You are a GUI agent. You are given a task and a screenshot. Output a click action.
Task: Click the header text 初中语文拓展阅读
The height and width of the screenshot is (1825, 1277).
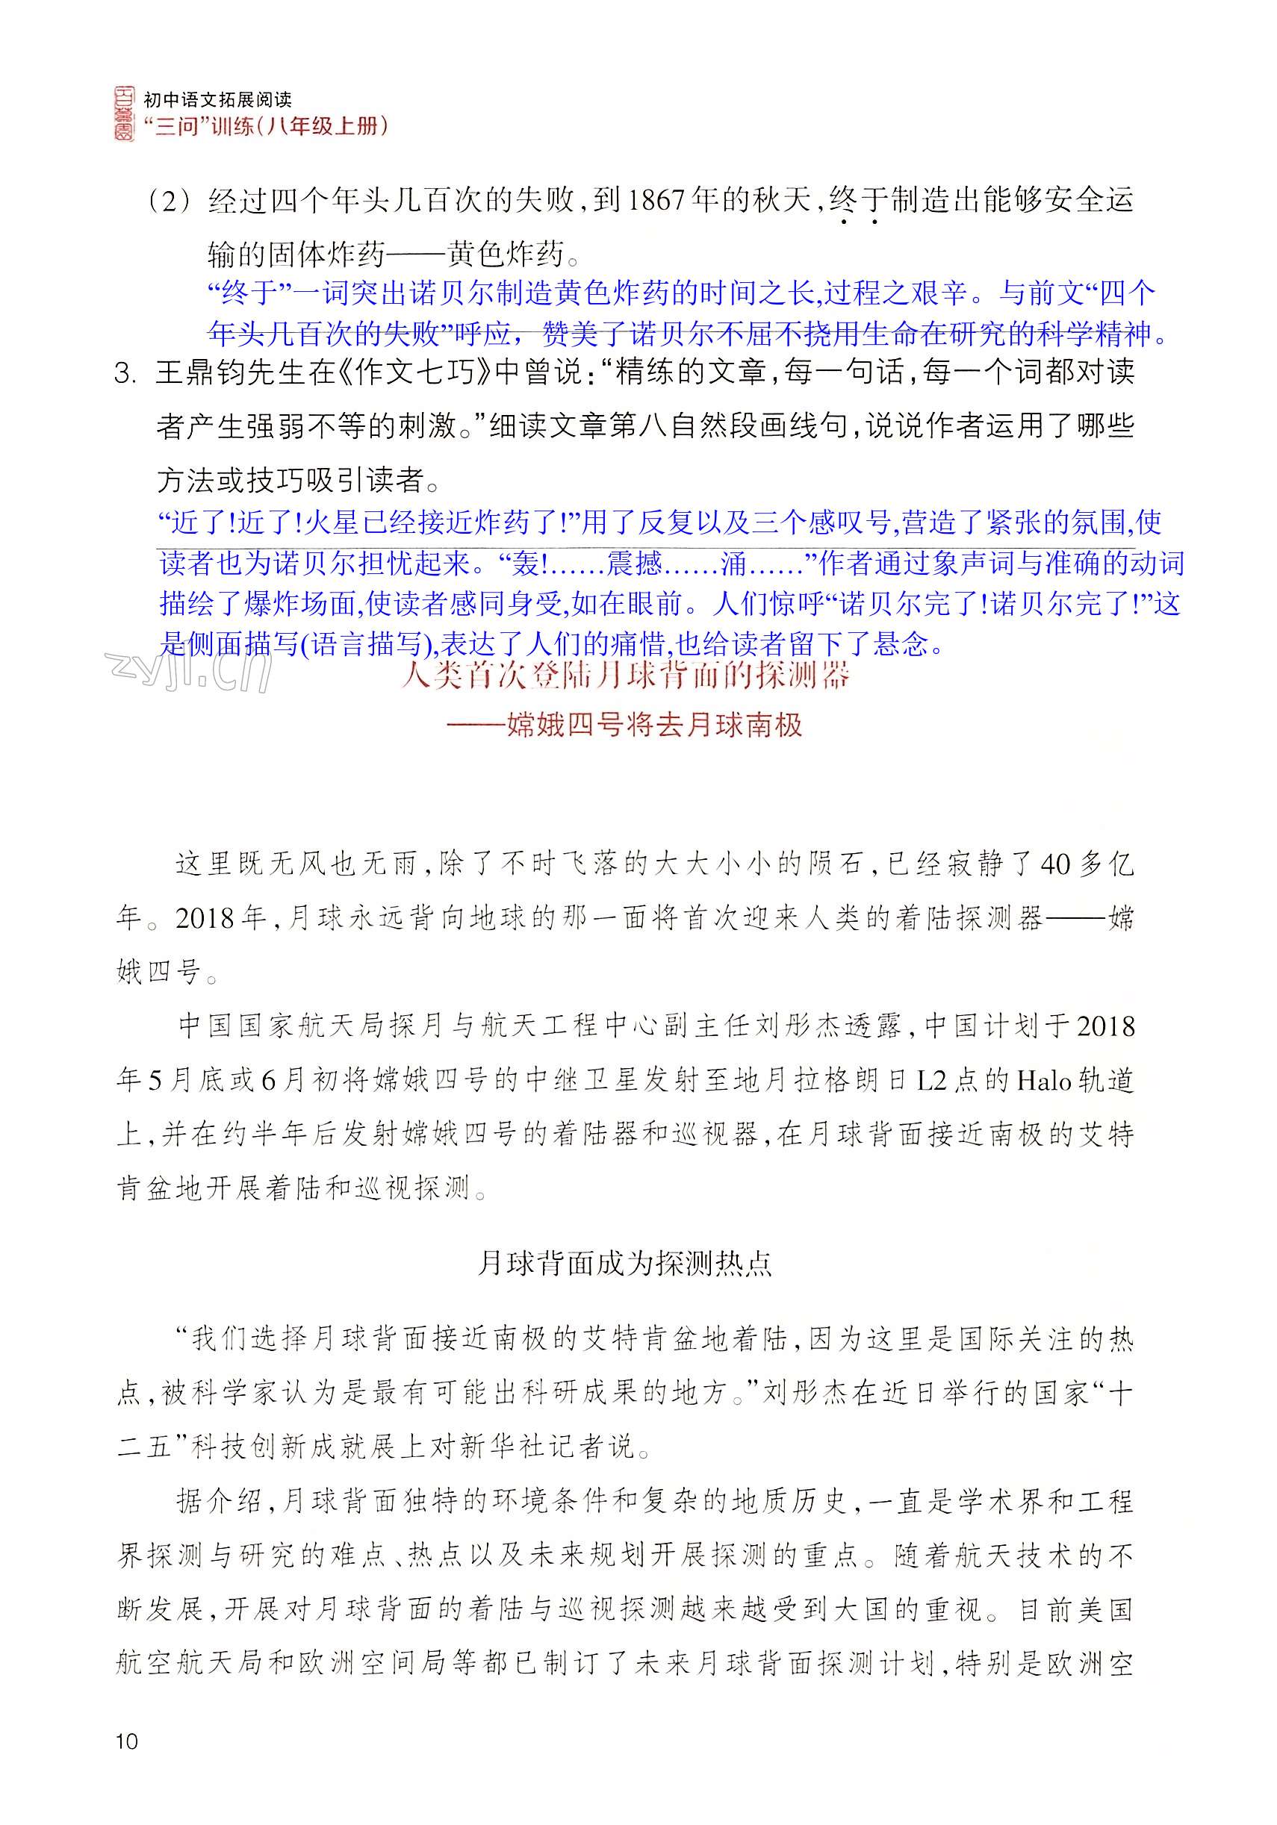(x=217, y=99)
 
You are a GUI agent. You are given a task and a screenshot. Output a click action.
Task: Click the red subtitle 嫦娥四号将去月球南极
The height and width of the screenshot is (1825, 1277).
(x=654, y=725)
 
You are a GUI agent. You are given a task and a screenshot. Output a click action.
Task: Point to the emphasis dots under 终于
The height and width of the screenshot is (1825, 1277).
(x=858, y=222)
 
